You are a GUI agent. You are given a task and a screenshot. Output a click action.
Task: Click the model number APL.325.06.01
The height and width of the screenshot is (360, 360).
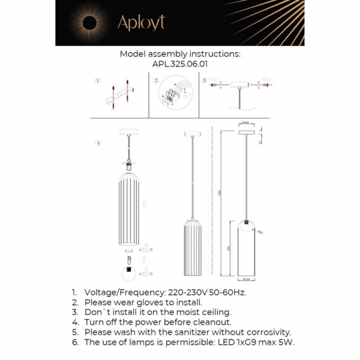click(x=179, y=62)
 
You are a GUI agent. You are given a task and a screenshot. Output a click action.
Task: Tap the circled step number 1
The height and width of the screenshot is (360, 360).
click(x=98, y=80)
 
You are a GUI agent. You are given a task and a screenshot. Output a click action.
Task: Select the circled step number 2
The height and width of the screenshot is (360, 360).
click(x=156, y=80)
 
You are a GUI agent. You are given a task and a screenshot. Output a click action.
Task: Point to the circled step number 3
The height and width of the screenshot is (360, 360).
click(x=205, y=80)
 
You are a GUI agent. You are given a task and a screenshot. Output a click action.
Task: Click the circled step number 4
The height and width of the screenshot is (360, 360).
click(x=98, y=143)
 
